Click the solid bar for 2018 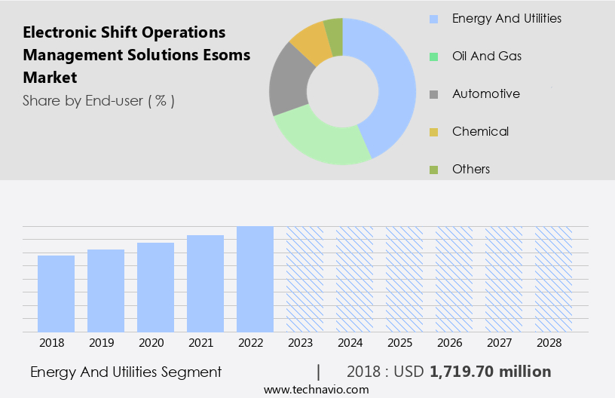pos(56,293)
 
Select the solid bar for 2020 pos(155,286)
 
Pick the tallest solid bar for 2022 pos(255,279)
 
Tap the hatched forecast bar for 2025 pos(404,279)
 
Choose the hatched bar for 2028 pos(553,279)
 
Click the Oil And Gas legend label pos(487,56)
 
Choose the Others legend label pos(471,169)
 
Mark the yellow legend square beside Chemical pos(433,133)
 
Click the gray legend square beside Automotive pos(433,95)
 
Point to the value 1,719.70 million pos(491,372)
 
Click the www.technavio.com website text pos(317,389)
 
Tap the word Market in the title pos(50,77)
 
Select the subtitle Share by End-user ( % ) pos(99,100)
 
